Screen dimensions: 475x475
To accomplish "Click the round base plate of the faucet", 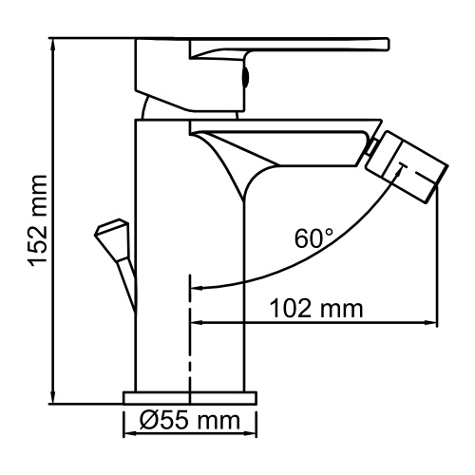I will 190,395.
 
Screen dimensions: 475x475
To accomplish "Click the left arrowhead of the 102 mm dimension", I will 198,324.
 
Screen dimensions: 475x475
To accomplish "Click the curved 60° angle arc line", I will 285,264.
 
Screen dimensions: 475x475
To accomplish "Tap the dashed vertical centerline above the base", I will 192,332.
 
